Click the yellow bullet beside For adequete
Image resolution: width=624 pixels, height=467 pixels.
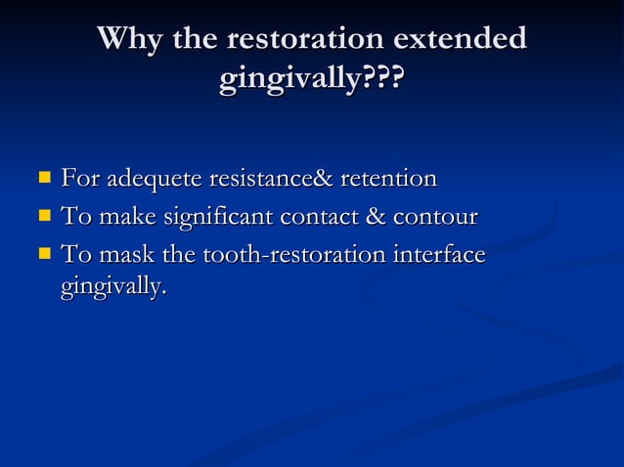(44, 179)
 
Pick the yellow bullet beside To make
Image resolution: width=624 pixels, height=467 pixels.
(44, 217)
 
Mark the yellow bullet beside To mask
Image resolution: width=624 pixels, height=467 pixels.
(44, 255)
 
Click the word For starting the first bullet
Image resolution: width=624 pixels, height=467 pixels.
(79, 180)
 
